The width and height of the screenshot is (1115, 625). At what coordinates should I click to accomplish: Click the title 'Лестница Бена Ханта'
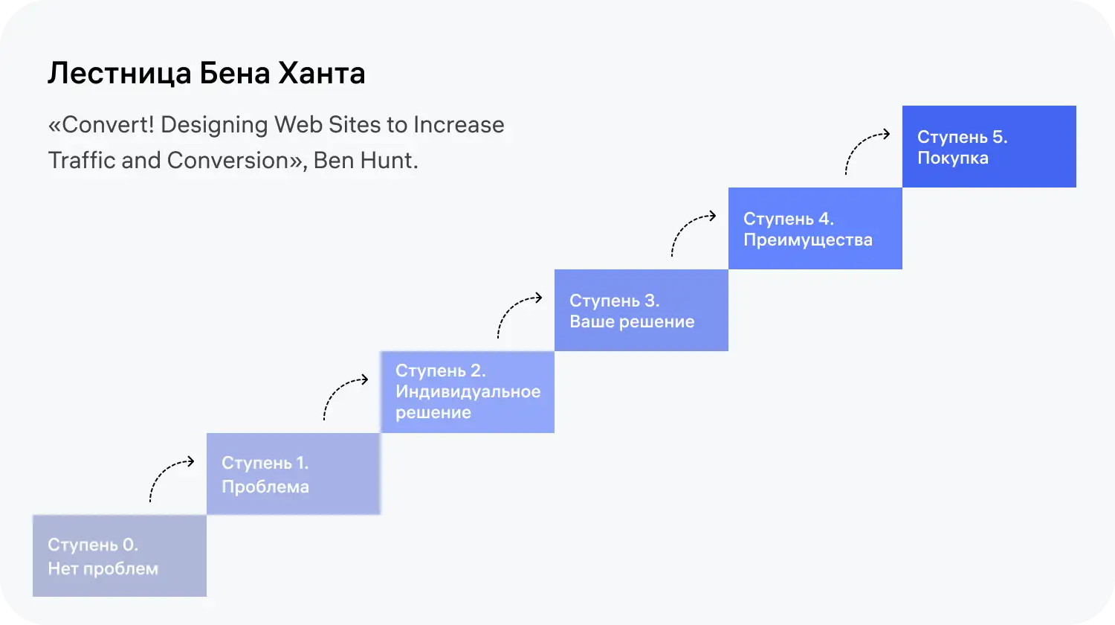[x=206, y=74]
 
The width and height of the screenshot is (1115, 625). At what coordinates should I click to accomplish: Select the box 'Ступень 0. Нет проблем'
[x=119, y=556]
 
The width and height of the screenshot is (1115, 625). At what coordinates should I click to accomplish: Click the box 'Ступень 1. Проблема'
[x=293, y=474]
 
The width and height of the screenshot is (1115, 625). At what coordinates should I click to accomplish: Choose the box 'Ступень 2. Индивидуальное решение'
[x=467, y=392]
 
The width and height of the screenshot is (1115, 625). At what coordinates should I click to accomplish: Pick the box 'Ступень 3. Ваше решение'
[x=641, y=310]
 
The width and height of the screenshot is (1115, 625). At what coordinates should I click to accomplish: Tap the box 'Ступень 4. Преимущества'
[x=815, y=228]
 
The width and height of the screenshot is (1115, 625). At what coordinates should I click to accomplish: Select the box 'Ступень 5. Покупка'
[x=989, y=147]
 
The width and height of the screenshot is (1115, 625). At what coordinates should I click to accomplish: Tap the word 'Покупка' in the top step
[x=952, y=158]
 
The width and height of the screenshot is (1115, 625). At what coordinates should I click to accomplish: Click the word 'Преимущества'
[x=807, y=240]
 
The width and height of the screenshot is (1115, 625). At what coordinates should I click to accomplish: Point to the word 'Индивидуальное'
[x=468, y=391]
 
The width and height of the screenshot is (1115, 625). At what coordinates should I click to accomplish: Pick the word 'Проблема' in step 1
[x=265, y=487]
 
